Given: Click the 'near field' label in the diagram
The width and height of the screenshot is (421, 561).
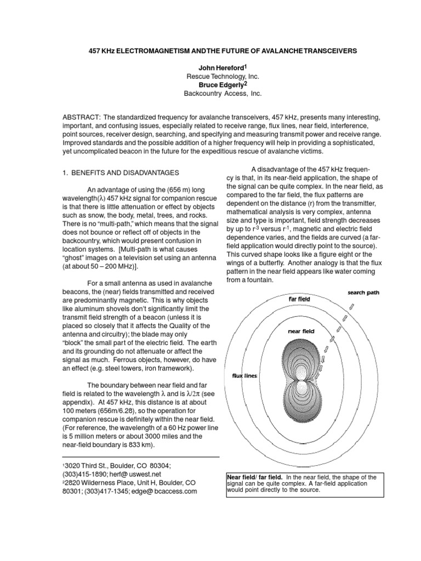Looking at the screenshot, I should [x=300, y=331].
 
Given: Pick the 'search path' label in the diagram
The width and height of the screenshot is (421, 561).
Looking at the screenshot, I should [x=363, y=293].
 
